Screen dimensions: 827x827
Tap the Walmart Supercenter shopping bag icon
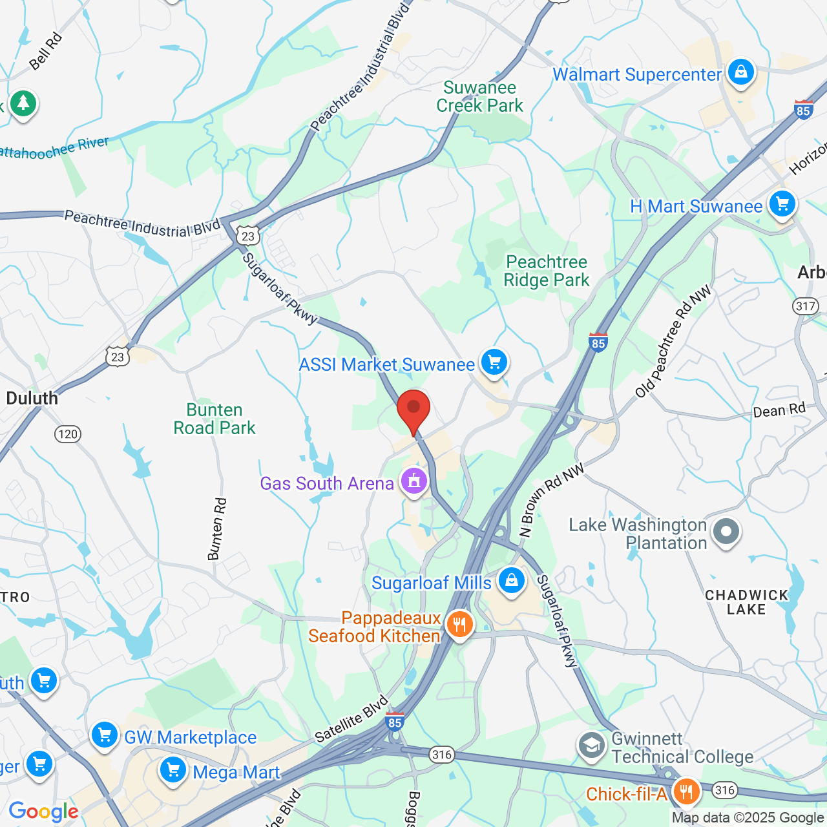[x=740, y=72]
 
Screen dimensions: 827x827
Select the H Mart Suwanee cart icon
[x=782, y=205]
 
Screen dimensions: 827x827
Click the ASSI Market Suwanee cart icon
[x=494, y=362]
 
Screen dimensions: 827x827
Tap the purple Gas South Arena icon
[x=413, y=482]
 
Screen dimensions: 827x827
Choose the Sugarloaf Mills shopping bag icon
[x=511, y=581]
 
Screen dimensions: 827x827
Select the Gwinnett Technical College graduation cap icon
[x=591, y=746]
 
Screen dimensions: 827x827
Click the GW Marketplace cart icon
[x=104, y=735]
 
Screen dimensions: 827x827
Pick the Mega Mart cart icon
[x=173, y=771]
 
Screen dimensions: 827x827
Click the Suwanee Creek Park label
[x=479, y=97]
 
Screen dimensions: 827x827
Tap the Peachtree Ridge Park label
[x=547, y=271]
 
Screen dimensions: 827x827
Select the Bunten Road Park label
[x=215, y=419]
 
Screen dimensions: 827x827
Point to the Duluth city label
[x=32, y=398]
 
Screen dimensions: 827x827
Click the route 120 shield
[x=68, y=434]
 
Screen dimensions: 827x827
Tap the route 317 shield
[x=806, y=306]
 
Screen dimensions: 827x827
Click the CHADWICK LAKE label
[x=746, y=602]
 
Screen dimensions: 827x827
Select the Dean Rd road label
[x=779, y=410]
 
